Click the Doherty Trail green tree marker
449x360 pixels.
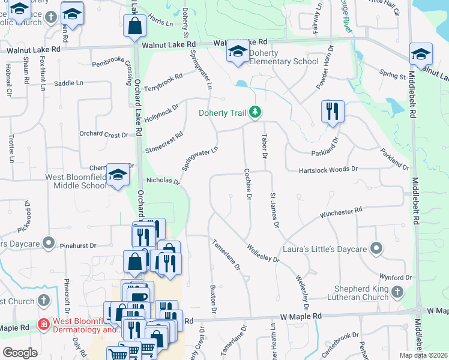click(256, 112)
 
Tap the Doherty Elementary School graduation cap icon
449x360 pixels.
click(238, 54)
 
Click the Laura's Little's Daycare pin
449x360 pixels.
click(376, 248)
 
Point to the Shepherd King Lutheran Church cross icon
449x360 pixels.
click(397, 292)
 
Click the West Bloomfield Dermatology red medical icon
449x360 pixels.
click(43, 325)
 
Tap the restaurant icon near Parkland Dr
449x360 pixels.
click(332, 111)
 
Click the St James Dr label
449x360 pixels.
click(274, 210)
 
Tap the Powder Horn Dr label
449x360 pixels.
click(324, 67)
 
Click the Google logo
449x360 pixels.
click(20, 353)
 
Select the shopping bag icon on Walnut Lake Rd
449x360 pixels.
click(134, 26)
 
